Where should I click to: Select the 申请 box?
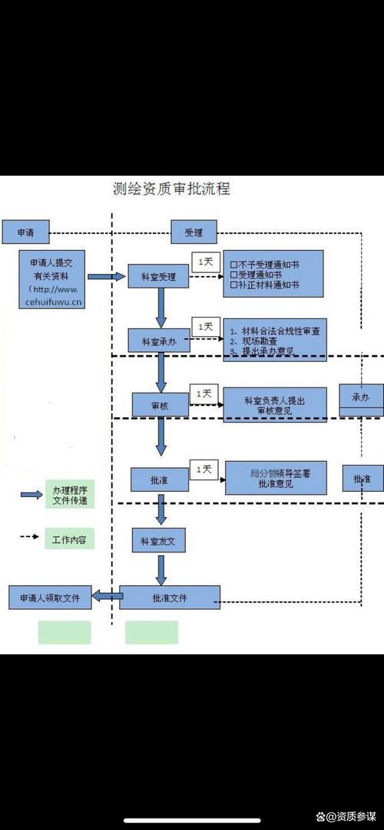tap(25, 230)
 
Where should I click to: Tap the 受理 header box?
tap(193, 231)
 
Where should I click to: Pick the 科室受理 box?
tap(159, 277)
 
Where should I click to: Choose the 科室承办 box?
tap(158, 341)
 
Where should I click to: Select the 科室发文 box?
tap(158, 541)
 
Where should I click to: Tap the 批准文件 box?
tap(170, 597)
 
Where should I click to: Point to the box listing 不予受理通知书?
tap(273, 274)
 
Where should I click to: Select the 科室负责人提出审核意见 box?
tap(275, 405)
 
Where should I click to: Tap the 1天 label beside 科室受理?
tap(205, 262)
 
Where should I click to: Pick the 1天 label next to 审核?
tap(204, 394)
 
